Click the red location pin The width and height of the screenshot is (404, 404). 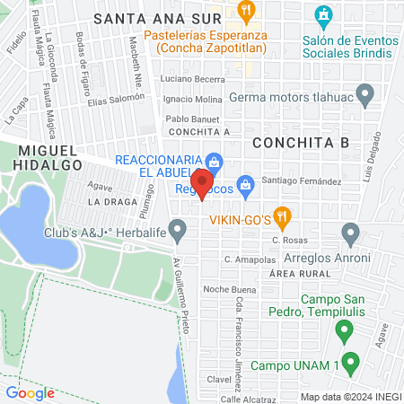[203, 182]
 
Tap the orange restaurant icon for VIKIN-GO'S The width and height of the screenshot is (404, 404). [283, 215]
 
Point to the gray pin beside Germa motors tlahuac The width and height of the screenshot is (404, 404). [364, 92]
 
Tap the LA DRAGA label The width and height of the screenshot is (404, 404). [111, 202]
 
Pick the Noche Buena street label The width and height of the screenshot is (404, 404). [230, 289]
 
